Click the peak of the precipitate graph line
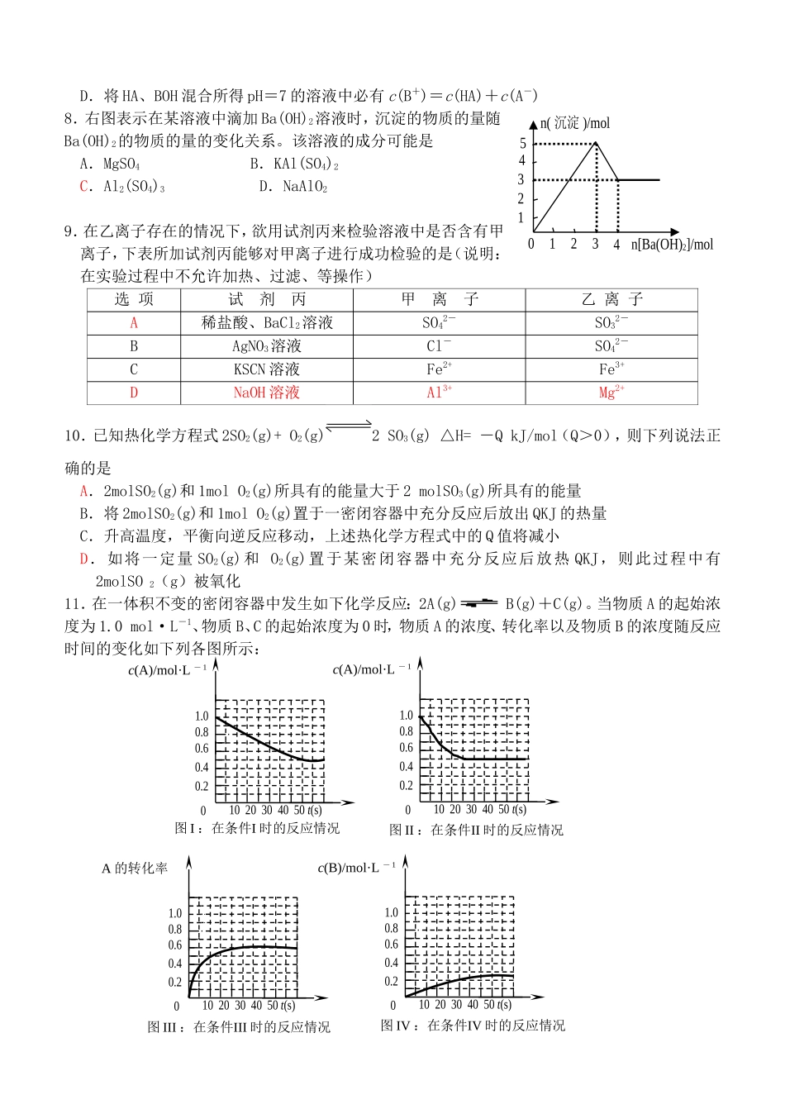[597, 142]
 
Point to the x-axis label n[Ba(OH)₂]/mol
[671, 245]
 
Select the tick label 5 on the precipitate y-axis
[522, 143]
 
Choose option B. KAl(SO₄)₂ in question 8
[294, 164]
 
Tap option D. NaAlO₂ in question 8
[293, 187]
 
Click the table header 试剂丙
[267, 299]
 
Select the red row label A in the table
[134, 323]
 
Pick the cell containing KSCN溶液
[267, 369]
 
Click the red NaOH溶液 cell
[267, 393]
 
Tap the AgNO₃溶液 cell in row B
[267, 346]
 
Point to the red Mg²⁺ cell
[611, 393]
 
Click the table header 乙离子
[611, 299]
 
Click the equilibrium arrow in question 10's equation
[349, 427]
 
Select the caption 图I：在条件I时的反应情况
[257, 828]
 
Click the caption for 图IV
[473, 1026]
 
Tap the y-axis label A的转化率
[135, 869]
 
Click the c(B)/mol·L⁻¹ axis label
[357, 868]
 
